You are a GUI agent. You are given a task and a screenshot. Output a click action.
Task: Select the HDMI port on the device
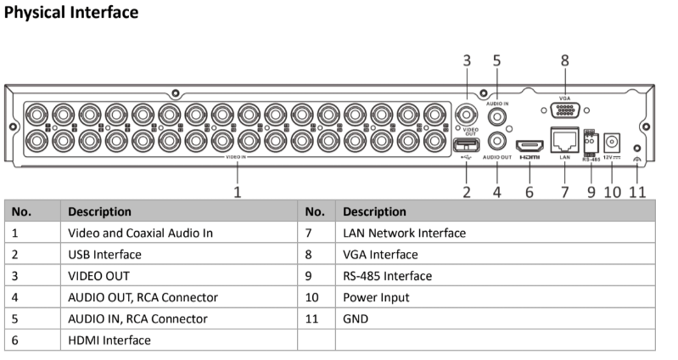530,143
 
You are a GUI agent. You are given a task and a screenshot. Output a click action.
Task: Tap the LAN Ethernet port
564,139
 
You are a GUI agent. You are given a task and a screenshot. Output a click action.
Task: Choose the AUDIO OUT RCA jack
497,141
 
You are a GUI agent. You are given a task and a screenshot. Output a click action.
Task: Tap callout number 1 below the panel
238,192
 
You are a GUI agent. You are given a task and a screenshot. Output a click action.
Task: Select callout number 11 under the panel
638,192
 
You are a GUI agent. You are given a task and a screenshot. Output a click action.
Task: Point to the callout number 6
530,192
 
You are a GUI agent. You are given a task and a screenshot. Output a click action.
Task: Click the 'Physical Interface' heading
71,13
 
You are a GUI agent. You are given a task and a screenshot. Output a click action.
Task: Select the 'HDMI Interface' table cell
109,340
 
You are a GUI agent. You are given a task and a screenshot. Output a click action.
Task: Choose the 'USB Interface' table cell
104,255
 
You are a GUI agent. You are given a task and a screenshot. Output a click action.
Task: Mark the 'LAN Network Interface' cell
404,233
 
